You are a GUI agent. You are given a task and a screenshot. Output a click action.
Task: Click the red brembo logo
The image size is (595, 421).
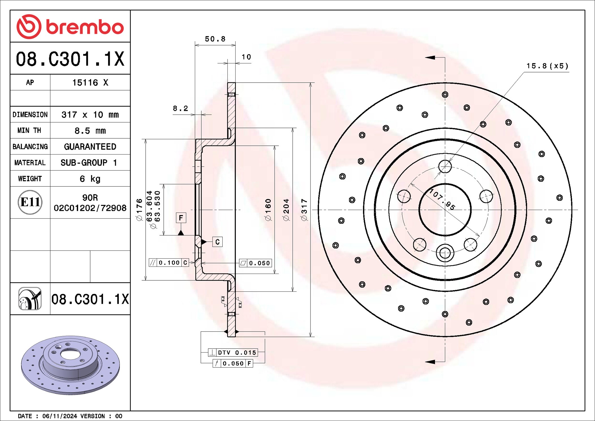click(x=70, y=27)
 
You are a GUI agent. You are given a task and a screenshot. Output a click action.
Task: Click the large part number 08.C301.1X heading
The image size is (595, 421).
click(x=70, y=59)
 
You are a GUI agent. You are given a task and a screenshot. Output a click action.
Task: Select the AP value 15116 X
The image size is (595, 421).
click(x=90, y=83)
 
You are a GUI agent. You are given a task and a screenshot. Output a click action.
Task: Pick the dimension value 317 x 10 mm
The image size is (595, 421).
click(x=90, y=115)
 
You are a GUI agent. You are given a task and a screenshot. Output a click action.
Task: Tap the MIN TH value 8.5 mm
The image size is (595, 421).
click(x=90, y=131)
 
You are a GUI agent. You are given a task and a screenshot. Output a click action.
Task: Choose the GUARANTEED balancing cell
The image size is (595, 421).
click(x=90, y=147)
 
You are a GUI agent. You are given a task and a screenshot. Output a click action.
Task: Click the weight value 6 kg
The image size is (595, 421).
click(x=90, y=179)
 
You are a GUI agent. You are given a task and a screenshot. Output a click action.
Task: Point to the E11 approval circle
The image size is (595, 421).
click(x=30, y=202)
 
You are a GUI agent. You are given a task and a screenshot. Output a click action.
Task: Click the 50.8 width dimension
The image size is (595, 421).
click(x=215, y=39)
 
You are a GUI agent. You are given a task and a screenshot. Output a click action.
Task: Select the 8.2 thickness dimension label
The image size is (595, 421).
click(x=180, y=108)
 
